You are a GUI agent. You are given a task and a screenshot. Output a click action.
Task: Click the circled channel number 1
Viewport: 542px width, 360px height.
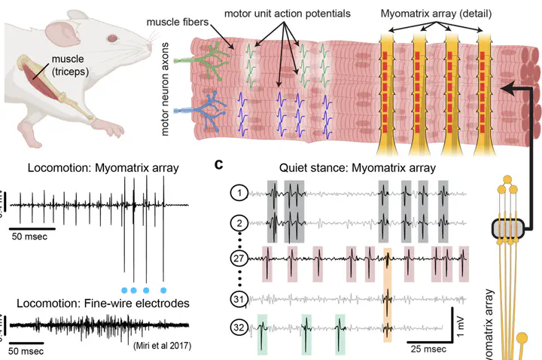click(239, 194)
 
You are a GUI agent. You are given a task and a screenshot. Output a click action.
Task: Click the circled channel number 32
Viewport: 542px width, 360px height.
click(239, 328)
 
